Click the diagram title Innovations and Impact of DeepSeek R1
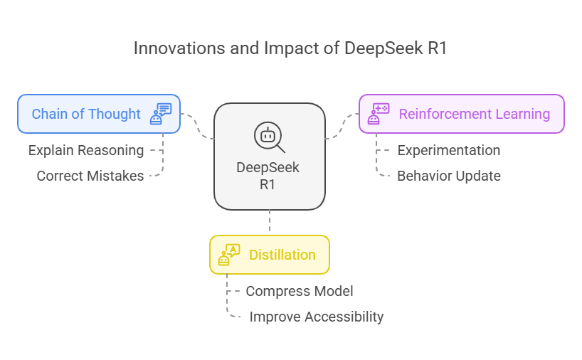click(290, 48)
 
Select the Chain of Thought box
click(99, 114)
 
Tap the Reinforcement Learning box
click(461, 114)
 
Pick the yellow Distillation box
click(270, 255)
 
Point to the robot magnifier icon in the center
click(269, 137)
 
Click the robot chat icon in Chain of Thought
click(161, 114)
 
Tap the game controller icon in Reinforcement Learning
click(377, 114)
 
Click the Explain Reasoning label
click(86, 150)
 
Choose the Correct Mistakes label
click(90, 176)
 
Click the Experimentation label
click(448, 150)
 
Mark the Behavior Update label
click(448, 176)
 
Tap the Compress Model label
click(299, 291)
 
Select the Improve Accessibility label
click(316, 317)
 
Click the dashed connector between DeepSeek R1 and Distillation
click(270, 223)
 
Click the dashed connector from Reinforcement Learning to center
click(342, 128)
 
